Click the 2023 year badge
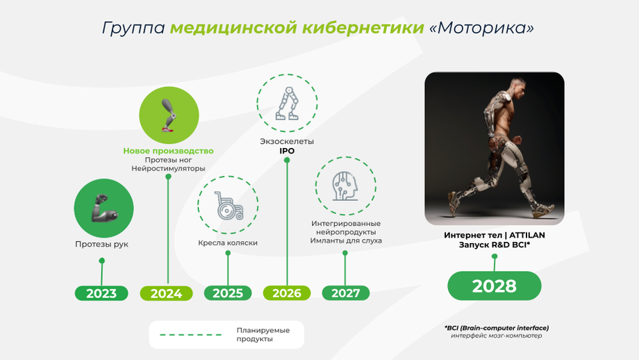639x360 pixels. click(x=101, y=293)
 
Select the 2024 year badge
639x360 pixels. click(x=166, y=293)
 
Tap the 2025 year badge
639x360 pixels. click(x=228, y=293)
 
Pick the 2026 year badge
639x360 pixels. click(x=287, y=293)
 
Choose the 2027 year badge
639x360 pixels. click(x=346, y=293)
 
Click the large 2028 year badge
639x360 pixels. click(x=495, y=286)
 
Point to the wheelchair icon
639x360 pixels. click(x=229, y=206)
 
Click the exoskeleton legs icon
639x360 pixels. click(x=288, y=103)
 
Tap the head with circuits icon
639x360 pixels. click(x=345, y=186)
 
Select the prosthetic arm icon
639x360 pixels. click(x=104, y=208)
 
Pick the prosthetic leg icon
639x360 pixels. click(x=169, y=115)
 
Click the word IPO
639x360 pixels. click(x=287, y=151)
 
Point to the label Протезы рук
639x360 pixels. click(x=101, y=244)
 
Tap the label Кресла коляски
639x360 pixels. click(x=228, y=243)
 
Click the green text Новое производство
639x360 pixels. click(x=168, y=151)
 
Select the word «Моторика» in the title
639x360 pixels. click(x=482, y=28)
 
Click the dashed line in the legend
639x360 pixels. click(x=190, y=335)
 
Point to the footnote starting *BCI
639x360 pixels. click(x=497, y=332)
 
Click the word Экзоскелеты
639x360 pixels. click(x=287, y=142)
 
